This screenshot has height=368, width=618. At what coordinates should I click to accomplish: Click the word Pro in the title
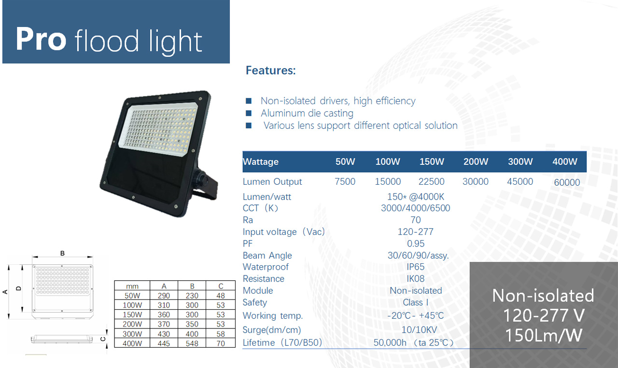click(41, 39)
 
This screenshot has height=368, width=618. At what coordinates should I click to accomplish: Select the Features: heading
click(271, 70)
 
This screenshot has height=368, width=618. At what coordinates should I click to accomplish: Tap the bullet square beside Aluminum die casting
click(249, 113)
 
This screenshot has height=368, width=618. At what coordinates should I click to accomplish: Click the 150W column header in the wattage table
click(432, 162)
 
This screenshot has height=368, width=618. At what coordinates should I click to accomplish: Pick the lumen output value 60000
click(567, 182)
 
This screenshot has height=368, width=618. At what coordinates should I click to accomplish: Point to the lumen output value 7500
click(345, 182)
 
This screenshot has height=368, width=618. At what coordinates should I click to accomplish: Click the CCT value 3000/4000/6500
click(416, 208)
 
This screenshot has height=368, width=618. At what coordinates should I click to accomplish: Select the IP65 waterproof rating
click(416, 267)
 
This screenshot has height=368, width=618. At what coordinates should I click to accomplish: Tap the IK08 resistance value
click(416, 279)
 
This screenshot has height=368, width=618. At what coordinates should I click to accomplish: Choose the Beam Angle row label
click(267, 256)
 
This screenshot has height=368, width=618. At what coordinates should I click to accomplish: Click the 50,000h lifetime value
click(390, 342)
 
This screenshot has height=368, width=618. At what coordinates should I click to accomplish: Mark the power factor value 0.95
click(416, 244)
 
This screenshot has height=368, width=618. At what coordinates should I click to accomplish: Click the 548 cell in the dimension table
click(192, 343)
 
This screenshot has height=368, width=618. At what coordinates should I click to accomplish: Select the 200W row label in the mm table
click(132, 324)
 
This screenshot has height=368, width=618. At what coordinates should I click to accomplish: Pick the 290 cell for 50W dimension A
click(164, 296)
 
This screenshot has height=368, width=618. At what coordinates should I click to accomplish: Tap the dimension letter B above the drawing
click(62, 253)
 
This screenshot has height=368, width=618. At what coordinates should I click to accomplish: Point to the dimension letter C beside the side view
click(103, 339)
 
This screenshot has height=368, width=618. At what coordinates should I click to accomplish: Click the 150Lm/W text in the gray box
click(544, 335)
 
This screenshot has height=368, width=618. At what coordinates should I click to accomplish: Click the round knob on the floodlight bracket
click(201, 177)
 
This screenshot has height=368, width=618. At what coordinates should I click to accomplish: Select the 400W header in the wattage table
click(565, 162)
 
